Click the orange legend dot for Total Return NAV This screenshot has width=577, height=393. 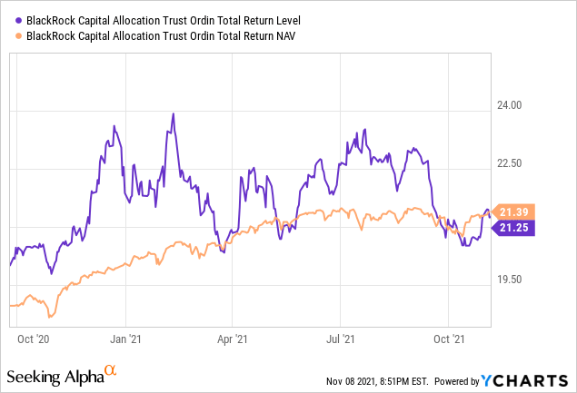click(20, 35)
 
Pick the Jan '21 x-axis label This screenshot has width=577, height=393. click(124, 339)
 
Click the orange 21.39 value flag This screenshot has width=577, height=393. click(515, 211)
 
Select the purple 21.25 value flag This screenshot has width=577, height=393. click(515, 228)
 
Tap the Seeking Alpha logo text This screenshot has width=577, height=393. click(55, 375)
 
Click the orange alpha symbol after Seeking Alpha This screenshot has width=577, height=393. click(111, 371)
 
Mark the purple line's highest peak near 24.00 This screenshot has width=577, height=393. click(173, 114)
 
